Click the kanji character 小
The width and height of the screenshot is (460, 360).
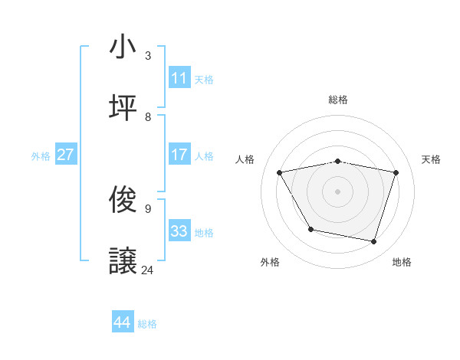coord(123,47)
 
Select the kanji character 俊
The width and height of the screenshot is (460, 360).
coord(123,200)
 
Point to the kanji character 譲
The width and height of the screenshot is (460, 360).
coord(123,261)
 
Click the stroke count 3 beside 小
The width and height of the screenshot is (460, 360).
coord(148,55)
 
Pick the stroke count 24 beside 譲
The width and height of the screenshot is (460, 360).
coord(148,270)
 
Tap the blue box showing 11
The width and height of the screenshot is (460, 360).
coord(179,78)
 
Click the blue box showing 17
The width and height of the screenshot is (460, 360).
coord(179,155)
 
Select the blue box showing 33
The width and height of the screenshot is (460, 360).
coord(179,231)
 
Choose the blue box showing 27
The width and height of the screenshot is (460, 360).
coord(66,155)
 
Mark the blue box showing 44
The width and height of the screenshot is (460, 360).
coord(123,322)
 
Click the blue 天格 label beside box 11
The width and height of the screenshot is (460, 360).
coord(204,79)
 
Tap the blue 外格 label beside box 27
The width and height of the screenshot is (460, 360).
coord(41,155)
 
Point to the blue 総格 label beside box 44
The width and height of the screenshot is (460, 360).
coord(147,324)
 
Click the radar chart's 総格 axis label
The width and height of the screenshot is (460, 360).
coord(338,100)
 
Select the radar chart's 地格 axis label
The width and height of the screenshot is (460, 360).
coord(402,262)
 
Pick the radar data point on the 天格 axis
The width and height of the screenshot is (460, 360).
coord(396,172)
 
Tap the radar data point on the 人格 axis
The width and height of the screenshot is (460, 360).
coord(280,172)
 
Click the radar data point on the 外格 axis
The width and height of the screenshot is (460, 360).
coord(310,229)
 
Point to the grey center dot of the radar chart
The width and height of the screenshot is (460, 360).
coord(338,191)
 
